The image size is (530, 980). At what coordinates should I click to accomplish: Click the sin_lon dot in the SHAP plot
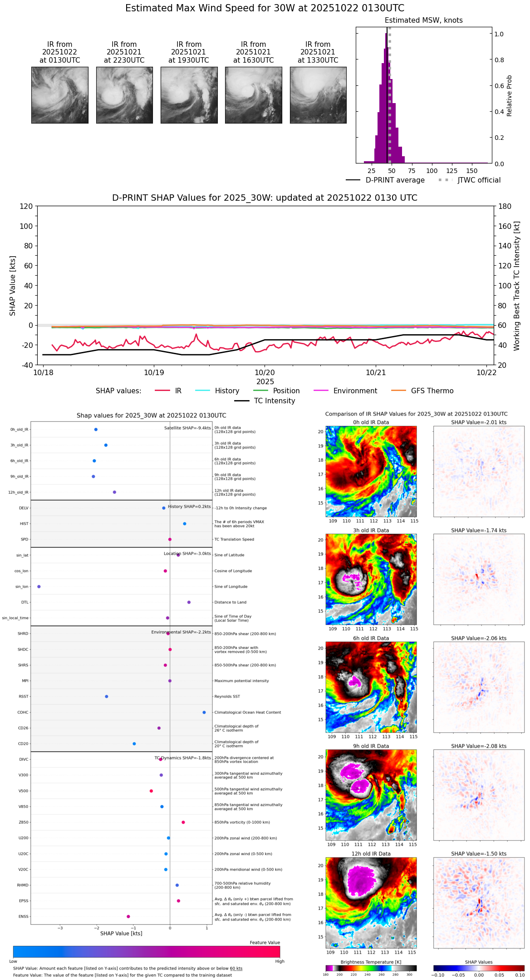coord(39,586)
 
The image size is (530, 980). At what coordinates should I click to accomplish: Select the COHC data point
coord(204,712)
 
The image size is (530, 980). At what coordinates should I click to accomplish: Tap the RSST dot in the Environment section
coord(107,696)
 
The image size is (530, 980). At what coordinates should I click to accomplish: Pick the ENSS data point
coord(128,916)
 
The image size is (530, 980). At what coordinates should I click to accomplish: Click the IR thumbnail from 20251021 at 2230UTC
coord(124,95)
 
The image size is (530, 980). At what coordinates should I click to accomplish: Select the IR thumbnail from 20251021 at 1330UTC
coord(318,95)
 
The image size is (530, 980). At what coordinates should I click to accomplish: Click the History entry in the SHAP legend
coord(227,391)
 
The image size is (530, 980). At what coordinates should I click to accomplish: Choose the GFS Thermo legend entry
coord(432,391)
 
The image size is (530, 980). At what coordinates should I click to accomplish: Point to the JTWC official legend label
coord(479,180)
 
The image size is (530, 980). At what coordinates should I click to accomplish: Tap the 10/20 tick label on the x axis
coord(265,372)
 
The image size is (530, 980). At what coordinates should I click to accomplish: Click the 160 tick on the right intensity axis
coord(505,226)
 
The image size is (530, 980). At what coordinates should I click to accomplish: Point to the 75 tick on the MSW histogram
coord(412,171)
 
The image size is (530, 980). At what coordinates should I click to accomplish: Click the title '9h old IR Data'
coord(371,746)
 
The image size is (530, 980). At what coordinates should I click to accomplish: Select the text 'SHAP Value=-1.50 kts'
coord(479,854)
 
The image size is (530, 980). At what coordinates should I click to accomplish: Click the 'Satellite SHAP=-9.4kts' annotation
coord(187,428)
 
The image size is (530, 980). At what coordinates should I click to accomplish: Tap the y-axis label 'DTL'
coord(25,602)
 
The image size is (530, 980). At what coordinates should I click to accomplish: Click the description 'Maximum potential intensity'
coord(241,681)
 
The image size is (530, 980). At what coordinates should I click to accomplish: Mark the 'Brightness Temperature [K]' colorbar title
coord(371,962)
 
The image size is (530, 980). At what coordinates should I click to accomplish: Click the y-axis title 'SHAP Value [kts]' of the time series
coord(13,286)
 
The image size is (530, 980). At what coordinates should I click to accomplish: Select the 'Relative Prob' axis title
coord(509,95)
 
